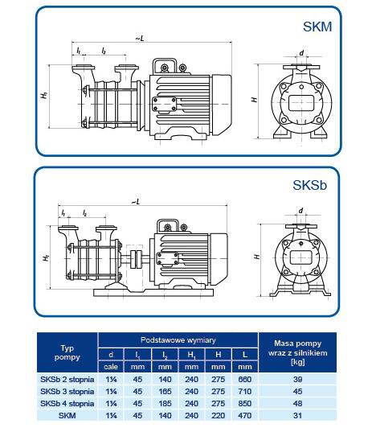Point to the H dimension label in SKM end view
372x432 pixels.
tap(254, 100)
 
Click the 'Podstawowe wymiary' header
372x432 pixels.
tap(178, 339)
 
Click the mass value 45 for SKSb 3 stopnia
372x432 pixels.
tap(298, 391)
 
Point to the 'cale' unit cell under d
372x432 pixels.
tap(112, 365)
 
